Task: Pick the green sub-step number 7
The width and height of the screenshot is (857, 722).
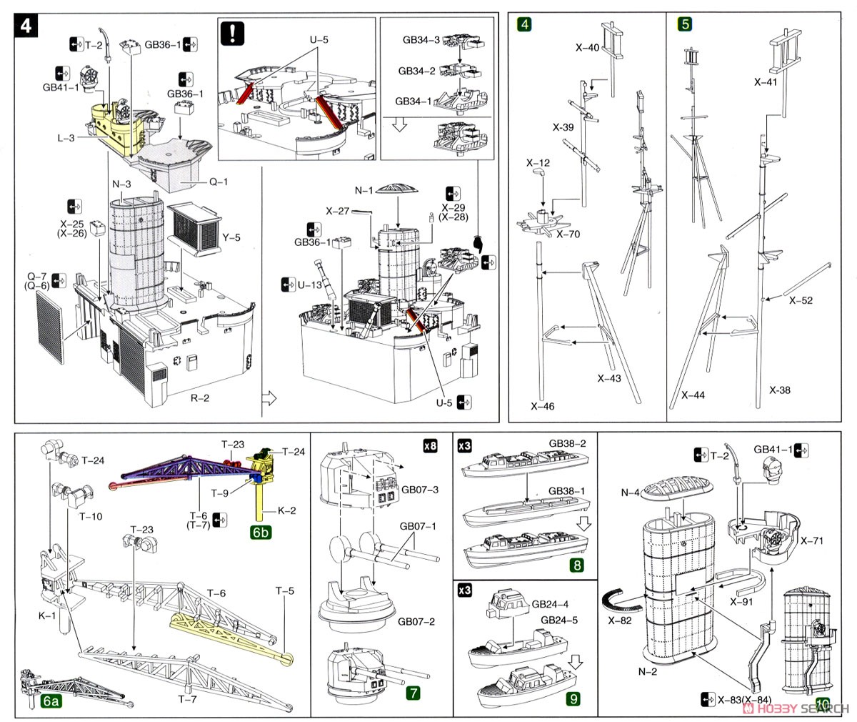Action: (x=413, y=692)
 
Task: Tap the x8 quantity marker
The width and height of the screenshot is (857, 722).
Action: (x=429, y=447)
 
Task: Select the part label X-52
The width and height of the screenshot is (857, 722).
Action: (x=801, y=301)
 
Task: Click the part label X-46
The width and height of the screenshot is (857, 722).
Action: (x=542, y=406)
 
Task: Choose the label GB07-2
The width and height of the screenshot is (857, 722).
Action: (x=418, y=622)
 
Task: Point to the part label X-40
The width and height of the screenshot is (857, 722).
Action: (x=588, y=48)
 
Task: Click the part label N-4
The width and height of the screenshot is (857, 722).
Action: (x=629, y=493)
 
